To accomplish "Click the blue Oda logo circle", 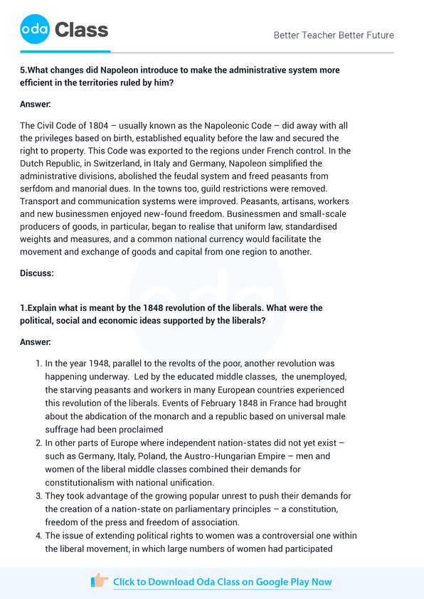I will click(35, 30).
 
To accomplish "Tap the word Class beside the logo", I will click(82, 30).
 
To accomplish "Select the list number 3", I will click(38, 496).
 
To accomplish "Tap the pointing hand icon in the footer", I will click(100, 581).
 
